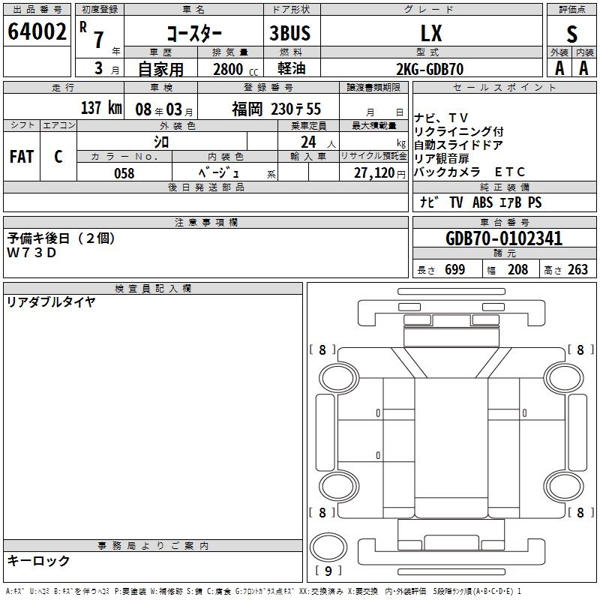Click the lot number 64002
click(37, 34)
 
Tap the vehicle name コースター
click(193, 34)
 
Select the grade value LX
click(431, 34)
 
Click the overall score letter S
click(572, 34)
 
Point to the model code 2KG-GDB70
click(430, 69)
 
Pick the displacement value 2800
click(227, 69)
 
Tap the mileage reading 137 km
click(100, 108)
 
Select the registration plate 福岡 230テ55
click(276, 109)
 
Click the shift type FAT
click(21, 157)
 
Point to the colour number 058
click(124, 173)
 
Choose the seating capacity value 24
click(307, 142)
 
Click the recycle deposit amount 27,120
click(373, 173)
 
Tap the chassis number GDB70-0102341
click(504, 239)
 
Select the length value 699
click(454, 270)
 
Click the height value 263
click(577, 270)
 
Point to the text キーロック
click(38, 560)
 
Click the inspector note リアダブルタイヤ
click(51, 302)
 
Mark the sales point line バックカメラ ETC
click(470, 172)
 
